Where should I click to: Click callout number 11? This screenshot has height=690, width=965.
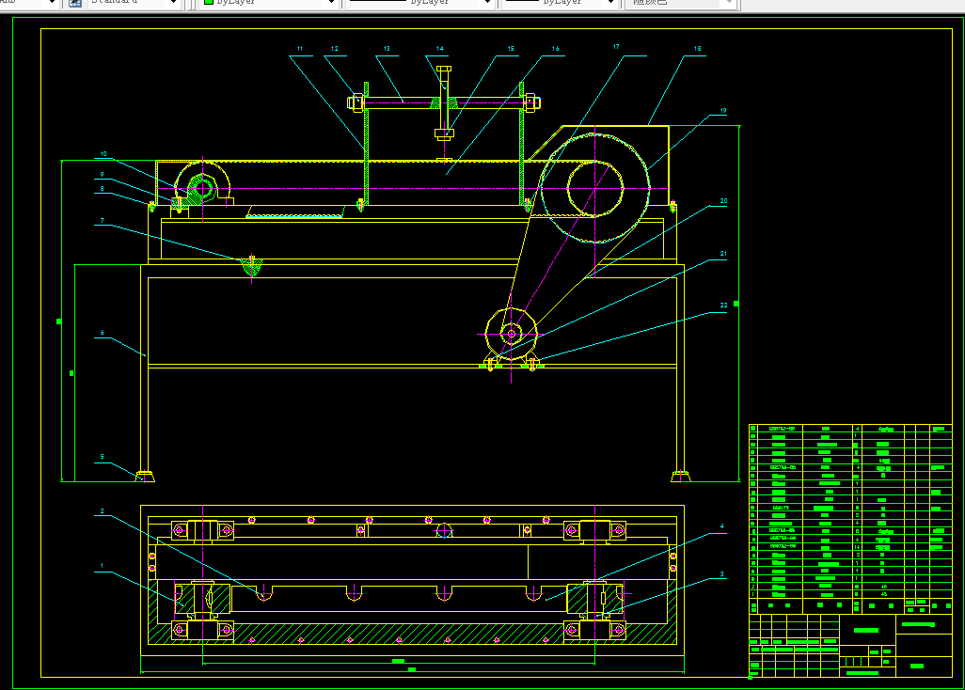pos(299,48)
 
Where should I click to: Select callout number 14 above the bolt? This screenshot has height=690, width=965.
pos(440,49)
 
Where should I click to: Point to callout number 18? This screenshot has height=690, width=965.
pos(697,48)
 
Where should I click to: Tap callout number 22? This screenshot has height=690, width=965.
pos(723,306)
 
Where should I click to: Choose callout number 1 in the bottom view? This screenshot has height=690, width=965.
pos(102,567)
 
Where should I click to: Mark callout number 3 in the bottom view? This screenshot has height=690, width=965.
pos(722,573)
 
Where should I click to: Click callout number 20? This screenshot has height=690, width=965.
pos(723,201)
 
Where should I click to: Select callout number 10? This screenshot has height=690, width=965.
pos(103,153)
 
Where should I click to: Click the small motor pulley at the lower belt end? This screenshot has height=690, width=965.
pos(511,332)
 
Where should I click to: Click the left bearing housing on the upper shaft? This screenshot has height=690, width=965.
pos(200,190)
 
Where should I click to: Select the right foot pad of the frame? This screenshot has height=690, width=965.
pos(681,476)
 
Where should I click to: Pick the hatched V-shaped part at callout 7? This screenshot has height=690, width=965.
pos(252,267)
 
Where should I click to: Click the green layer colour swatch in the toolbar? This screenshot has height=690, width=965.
pos(209,3)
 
